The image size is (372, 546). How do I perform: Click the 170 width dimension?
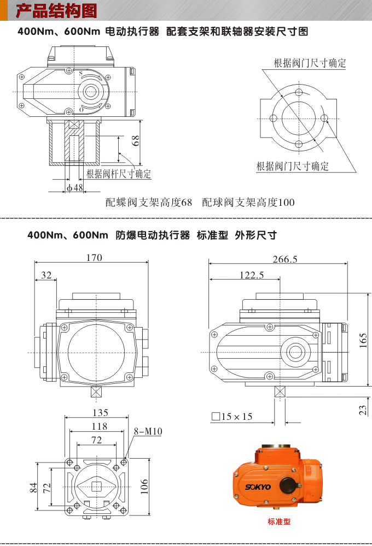coord(94,258)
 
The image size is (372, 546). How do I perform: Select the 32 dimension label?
coord(46,276)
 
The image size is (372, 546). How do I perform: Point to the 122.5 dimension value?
coord(252,276)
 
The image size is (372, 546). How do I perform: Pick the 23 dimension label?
coord(363,410)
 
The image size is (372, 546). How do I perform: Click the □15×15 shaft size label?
coord(233,417)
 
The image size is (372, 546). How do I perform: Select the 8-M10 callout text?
coord(148,431)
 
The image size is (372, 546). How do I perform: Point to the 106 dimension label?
coord(144,486)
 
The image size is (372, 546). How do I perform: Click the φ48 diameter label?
coord(74,187)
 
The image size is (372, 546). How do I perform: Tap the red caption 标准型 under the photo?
coord(279,521)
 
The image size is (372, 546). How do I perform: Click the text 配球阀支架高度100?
coord(248,203)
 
